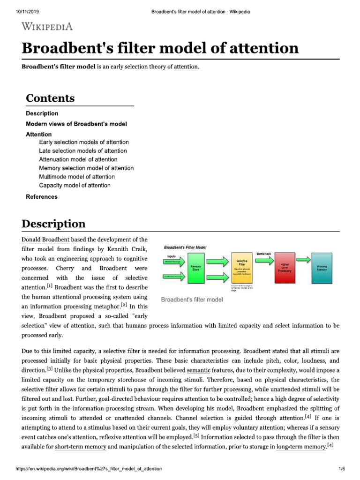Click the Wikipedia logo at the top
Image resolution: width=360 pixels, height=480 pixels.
click(47, 27)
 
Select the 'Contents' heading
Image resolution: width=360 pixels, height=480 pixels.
click(50, 98)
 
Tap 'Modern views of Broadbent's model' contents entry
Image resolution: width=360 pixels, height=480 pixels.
click(76, 124)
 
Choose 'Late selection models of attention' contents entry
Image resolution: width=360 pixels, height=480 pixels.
click(83, 151)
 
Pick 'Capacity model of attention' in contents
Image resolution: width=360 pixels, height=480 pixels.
click(75, 185)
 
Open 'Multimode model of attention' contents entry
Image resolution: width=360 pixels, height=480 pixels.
click(77, 177)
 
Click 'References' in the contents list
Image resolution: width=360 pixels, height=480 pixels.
click(42, 197)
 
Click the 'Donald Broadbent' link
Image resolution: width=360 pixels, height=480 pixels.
click(45, 240)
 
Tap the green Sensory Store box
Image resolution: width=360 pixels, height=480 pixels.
click(196, 268)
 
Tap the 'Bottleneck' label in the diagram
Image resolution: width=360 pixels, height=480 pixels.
click(263, 254)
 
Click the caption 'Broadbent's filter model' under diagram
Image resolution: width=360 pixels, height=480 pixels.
click(192, 300)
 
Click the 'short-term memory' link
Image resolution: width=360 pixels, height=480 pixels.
click(81, 447)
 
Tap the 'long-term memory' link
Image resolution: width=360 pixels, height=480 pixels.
click(301, 447)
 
